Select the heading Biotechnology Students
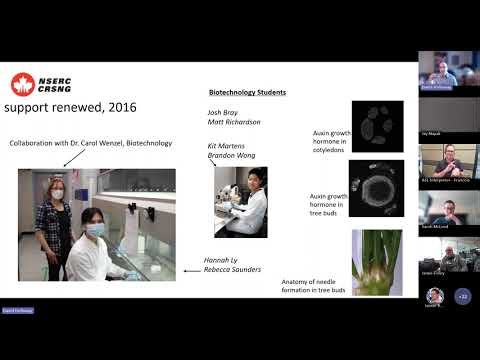[x=247, y=92]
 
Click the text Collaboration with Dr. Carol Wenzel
[x=91, y=143]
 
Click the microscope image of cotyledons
[x=377, y=125]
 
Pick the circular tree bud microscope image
[x=377, y=188]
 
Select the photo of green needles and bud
[x=377, y=262]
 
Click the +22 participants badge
[x=462, y=296]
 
